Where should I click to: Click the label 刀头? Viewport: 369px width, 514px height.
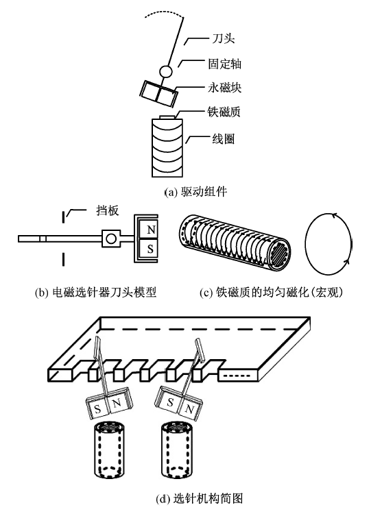point(223,38)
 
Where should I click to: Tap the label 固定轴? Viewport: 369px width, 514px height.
point(225,64)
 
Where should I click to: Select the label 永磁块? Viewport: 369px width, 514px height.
point(225,88)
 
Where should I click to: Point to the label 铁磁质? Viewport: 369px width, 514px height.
point(224,112)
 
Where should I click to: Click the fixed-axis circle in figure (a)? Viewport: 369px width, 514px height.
point(166,71)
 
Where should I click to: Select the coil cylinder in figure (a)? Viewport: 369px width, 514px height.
point(167,147)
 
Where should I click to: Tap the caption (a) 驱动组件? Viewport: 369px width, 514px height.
point(195,191)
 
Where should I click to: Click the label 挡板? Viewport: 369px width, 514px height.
point(108,210)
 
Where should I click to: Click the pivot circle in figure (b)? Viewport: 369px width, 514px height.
point(111,238)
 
